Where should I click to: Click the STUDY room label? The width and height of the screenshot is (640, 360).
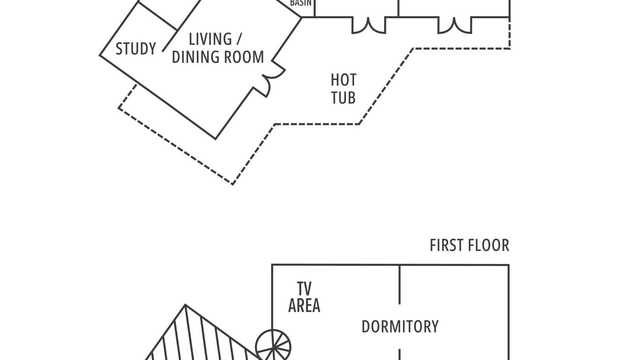point(135,48)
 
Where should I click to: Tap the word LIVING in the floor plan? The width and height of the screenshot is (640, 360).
point(210,39)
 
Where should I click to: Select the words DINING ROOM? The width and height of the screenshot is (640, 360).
point(218,57)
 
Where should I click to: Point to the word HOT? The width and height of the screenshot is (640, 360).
point(343,80)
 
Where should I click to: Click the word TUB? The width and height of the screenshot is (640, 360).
point(343,97)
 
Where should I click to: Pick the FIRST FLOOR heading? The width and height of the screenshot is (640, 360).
point(469,245)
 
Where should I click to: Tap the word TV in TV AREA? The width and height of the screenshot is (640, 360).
point(304,288)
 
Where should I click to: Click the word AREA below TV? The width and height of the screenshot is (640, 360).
point(304,305)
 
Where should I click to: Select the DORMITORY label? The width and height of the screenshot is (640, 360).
point(400,326)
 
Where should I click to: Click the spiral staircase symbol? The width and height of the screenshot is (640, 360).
point(273,347)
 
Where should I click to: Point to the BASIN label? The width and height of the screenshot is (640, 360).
point(300,3)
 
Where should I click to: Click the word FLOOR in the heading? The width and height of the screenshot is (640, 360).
point(489,245)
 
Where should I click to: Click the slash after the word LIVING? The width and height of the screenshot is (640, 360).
point(239,39)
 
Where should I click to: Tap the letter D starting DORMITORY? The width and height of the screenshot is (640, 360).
point(365,326)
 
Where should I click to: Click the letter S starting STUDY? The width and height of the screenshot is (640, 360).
point(119,48)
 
